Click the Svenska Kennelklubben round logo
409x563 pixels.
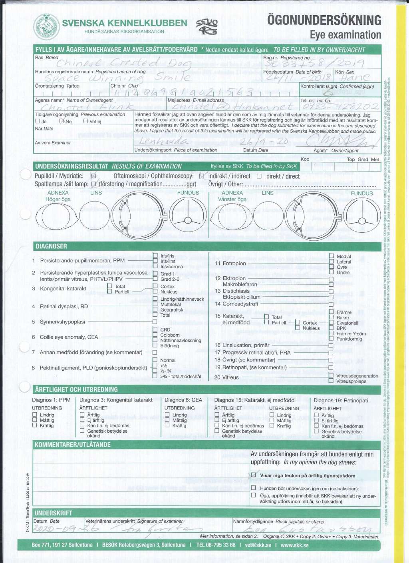[46, 27]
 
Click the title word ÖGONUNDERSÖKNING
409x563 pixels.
[324, 20]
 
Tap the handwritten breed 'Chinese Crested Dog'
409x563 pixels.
[124, 63]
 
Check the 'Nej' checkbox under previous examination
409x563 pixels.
[62, 121]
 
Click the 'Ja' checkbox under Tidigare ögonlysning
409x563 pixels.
[38, 121]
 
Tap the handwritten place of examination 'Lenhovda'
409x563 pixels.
[163, 141]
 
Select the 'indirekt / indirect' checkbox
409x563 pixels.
[202, 176]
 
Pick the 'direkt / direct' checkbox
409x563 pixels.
[259, 176]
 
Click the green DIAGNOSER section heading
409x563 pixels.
[51, 246]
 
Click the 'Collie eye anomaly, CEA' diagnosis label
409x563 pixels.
[69, 337]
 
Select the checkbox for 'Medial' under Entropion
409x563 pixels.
[332, 256]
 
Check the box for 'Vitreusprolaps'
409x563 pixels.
[331, 381]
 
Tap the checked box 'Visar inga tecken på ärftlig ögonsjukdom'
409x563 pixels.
[253, 475]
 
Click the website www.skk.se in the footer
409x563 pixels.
[294, 545]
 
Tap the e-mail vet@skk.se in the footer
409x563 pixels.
[258, 545]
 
